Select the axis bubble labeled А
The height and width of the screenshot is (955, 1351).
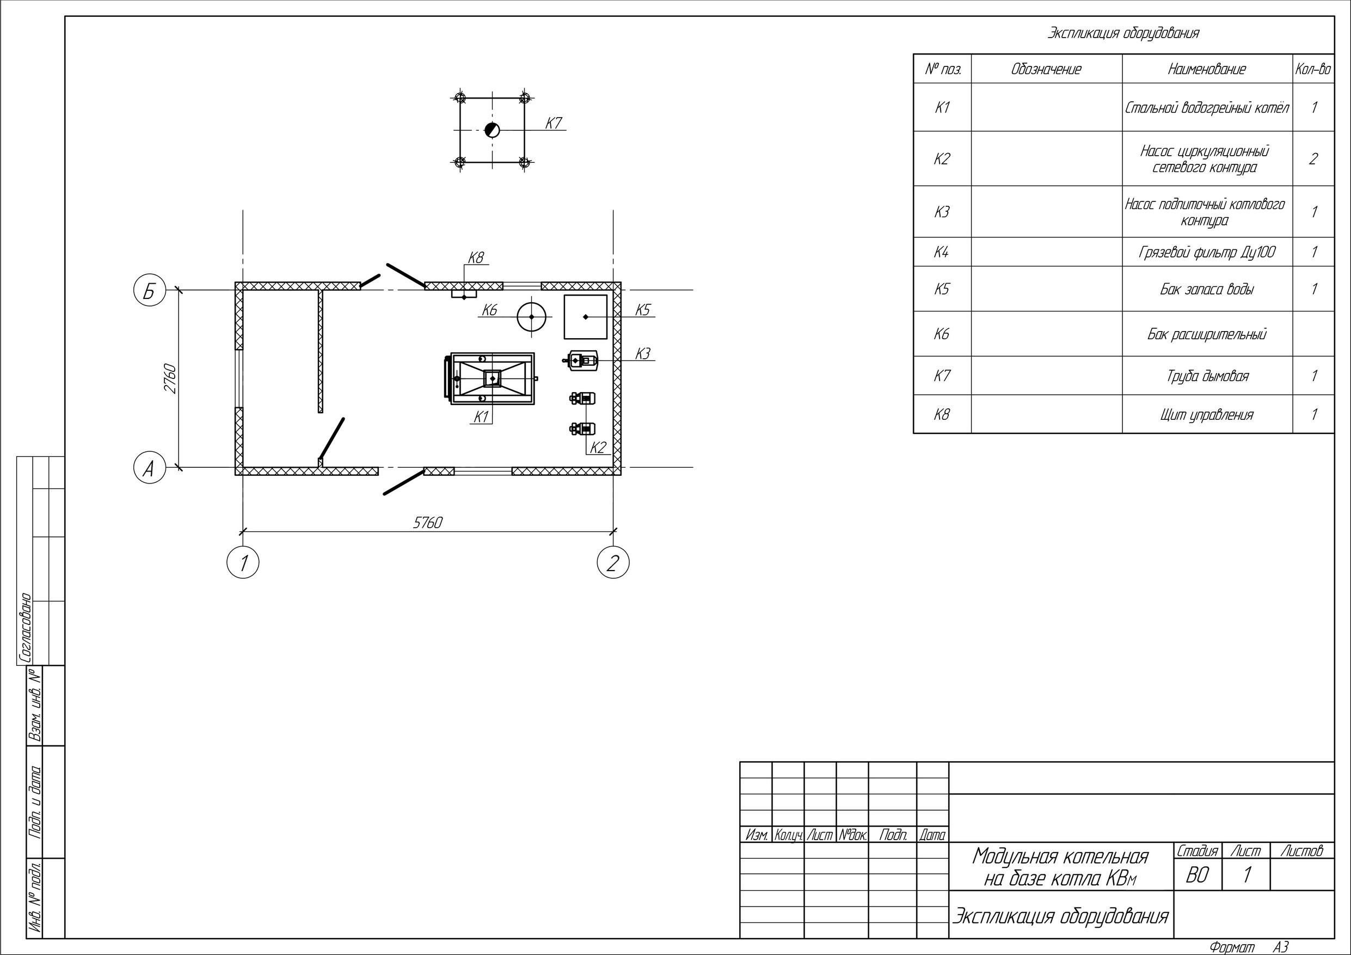[x=150, y=468]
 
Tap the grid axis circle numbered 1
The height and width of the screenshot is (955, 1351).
[x=243, y=562]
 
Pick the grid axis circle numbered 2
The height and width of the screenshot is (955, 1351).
[x=613, y=562]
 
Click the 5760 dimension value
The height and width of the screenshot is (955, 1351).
[x=428, y=523]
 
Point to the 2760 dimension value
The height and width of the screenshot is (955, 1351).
[x=170, y=379]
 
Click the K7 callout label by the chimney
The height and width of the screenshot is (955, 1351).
[x=554, y=123]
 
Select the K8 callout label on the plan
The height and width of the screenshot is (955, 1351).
[x=476, y=258]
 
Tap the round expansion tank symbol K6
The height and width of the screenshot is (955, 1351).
[x=531, y=316]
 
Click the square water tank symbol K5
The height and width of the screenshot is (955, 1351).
[x=586, y=317]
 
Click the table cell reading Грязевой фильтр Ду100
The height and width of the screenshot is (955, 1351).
[x=1207, y=253]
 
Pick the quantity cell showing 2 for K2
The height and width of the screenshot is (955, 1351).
[x=1313, y=159]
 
